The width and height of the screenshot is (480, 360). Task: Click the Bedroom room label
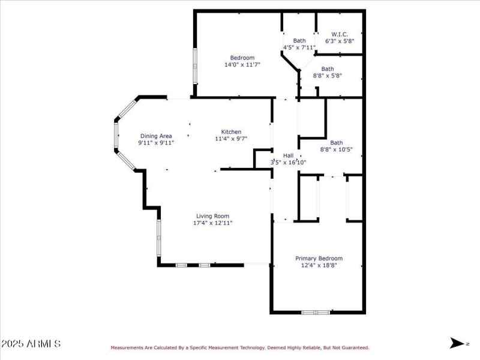coord(238,58)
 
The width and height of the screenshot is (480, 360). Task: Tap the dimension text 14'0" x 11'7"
coord(238,65)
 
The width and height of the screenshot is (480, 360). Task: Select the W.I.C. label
coord(340,34)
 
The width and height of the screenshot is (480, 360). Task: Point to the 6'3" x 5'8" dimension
coord(340,41)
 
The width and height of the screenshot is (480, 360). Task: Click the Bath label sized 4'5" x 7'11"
coord(299,40)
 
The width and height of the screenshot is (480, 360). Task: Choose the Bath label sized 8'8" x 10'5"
coord(336,143)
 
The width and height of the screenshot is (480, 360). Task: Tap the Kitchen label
coord(231,132)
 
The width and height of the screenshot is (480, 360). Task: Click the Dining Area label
coord(156,136)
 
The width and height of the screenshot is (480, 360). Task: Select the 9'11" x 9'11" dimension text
coord(156,143)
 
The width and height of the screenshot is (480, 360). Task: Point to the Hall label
coord(288,155)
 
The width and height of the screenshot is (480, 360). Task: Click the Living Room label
coord(212,216)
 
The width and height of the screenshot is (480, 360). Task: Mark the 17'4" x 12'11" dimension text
coord(212,223)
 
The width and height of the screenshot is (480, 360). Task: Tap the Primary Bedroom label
coord(319,258)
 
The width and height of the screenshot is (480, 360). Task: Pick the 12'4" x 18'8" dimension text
coord(319,265)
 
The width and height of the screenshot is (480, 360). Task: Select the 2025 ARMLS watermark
coord(31,344)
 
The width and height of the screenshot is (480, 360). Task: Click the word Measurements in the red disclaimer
coord(127,347)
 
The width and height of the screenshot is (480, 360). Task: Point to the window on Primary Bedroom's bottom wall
coord(316,312)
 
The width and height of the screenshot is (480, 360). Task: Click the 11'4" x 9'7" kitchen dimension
coord(231,139)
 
